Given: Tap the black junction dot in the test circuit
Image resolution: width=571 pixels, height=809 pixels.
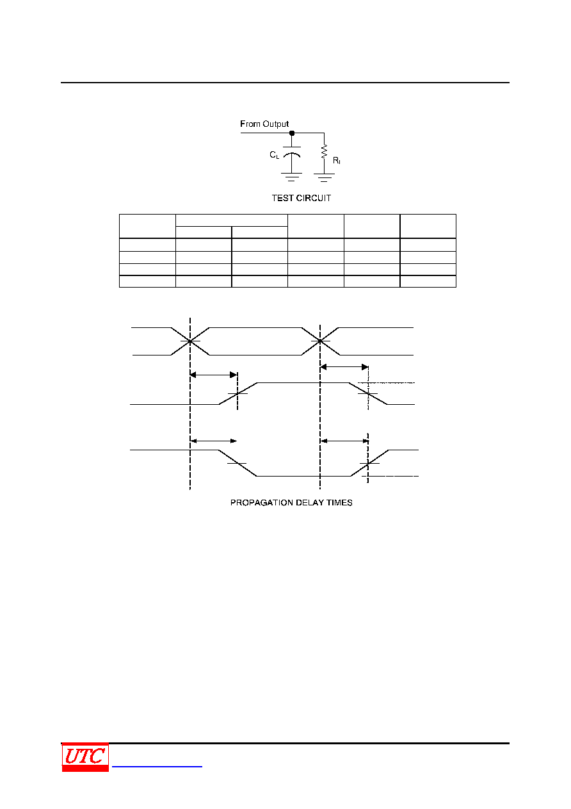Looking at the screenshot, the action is coord(292,133).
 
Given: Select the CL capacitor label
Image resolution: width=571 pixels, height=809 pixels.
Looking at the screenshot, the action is coord(275,155).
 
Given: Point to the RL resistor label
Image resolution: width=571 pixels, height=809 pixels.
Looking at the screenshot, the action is coord(337,160).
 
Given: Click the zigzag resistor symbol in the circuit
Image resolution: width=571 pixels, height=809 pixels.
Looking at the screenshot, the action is coord(324,152).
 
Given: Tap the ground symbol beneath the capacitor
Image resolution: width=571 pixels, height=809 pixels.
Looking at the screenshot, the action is coord(291,177).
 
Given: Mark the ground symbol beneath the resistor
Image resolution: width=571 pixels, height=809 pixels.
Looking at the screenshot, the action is coord(324,177).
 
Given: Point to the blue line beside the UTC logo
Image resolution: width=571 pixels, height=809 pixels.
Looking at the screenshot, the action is coord(157,766).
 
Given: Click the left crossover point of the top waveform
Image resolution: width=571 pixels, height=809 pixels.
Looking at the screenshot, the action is coord(190,341).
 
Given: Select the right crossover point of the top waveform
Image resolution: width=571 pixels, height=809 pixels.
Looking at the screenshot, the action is coord(320,341).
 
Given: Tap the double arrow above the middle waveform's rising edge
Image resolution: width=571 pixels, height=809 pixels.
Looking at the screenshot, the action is coord(214,375).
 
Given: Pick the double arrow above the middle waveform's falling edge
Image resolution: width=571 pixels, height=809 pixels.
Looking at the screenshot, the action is coord(344,367).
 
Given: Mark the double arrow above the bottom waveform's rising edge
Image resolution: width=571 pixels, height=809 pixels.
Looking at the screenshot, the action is coord(344,441).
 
